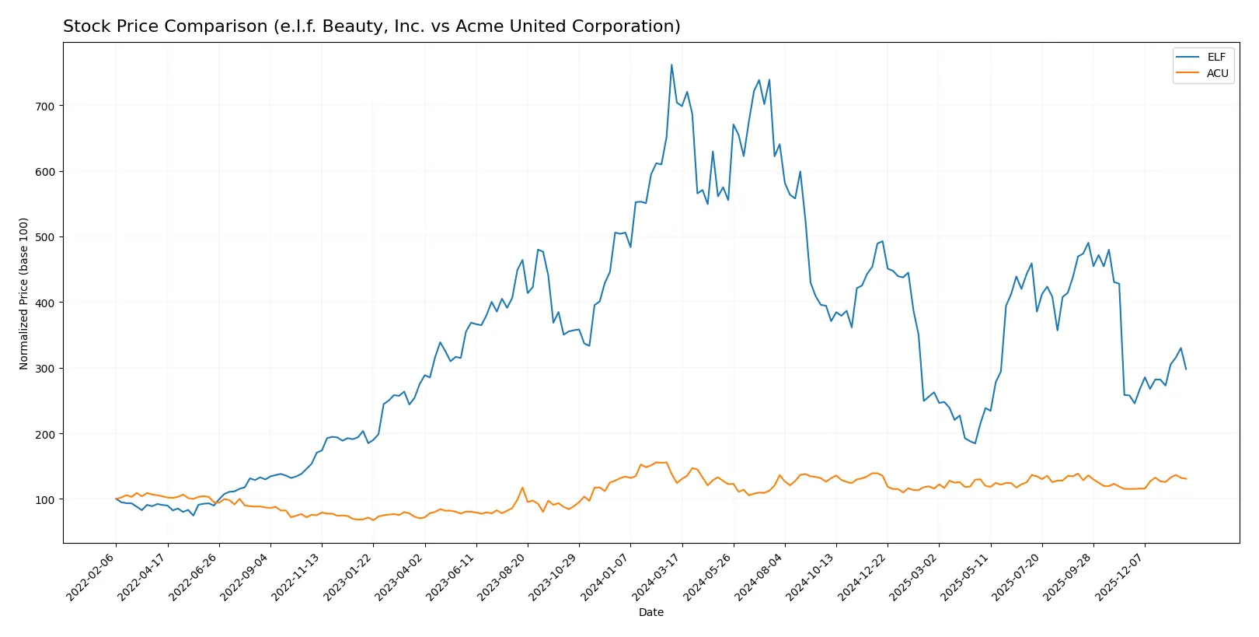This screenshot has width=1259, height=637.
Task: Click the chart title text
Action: tap(371, 26)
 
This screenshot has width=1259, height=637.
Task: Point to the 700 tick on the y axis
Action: tap(44, 106)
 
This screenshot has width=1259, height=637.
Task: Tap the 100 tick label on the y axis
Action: tap(44, 499)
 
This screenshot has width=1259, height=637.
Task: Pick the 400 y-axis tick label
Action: tap(44, 303)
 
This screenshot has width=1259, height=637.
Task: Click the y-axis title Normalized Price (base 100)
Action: tap(24, 293)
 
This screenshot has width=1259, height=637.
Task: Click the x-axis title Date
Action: tap(650, 612)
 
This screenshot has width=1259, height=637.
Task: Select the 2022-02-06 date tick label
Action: tap(92, 576)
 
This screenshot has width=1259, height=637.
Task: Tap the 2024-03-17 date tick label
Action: tap(657, 576)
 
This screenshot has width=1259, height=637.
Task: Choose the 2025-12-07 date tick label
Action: tap(1120, 576)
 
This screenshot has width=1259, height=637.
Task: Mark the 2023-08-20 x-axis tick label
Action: tap(503, 576)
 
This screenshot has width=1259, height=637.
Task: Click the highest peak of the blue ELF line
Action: tap(671, 65)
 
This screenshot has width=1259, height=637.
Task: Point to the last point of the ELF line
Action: tap(1186, 369)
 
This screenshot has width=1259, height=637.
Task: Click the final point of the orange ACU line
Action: tap(1186, 479)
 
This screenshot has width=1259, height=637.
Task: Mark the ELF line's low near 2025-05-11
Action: tap(975, 443)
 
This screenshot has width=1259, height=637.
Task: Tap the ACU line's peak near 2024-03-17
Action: tap(666, 463)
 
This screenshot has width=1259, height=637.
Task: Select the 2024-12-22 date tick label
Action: tap(863, 576)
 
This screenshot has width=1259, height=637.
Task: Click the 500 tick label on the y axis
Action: tap(44, 237)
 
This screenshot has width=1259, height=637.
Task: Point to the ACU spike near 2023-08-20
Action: tap(522, 488)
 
